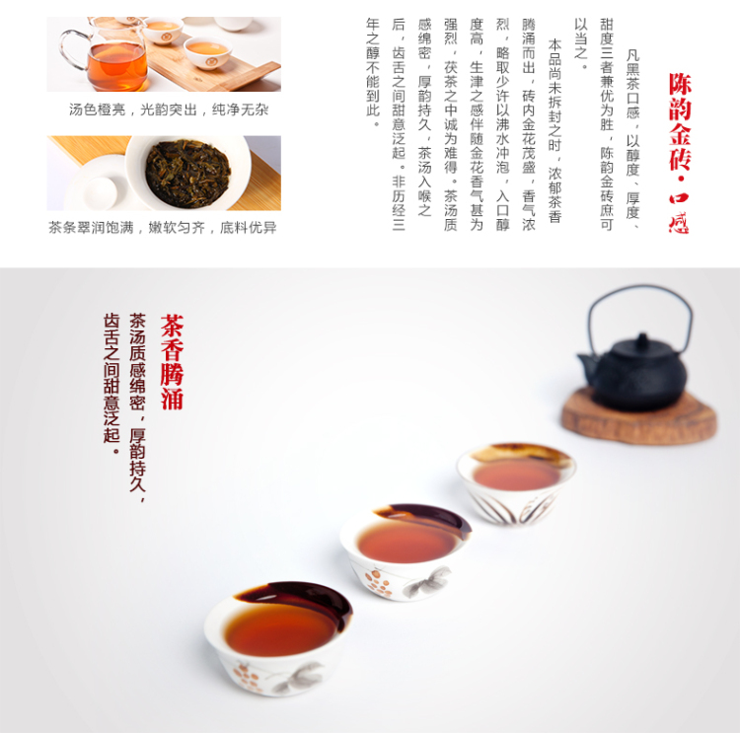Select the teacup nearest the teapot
click(516, 483)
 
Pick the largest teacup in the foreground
click(278, 637)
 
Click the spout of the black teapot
click(588, 366)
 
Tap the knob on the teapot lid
click(642, 339)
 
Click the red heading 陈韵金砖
click(680, 121)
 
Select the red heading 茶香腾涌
click(172, 362)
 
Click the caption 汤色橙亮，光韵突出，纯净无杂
click(169, 110)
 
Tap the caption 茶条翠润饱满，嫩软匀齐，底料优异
click(163, 228)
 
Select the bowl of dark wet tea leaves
click(188, 174)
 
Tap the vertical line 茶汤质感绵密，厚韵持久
click(137, 407)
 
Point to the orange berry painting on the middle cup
click(378, 582)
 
